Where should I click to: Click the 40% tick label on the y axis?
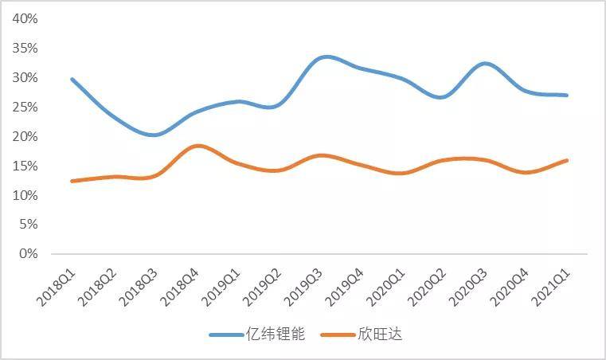click(24, 19)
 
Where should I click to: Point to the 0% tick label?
click(27, 254)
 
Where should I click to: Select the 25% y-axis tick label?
click(24, 108)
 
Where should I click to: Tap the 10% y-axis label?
click(24, 195)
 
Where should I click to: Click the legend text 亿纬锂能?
click(280, 335)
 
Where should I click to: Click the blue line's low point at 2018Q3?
click(154, 135)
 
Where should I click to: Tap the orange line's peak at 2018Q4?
click(197, 146)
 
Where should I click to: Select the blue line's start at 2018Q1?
click(72, 79)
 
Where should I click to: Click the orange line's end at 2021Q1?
click(567, 160)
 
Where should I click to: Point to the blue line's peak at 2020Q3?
click(486, 63)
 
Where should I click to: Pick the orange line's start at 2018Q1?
click(72, 181)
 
